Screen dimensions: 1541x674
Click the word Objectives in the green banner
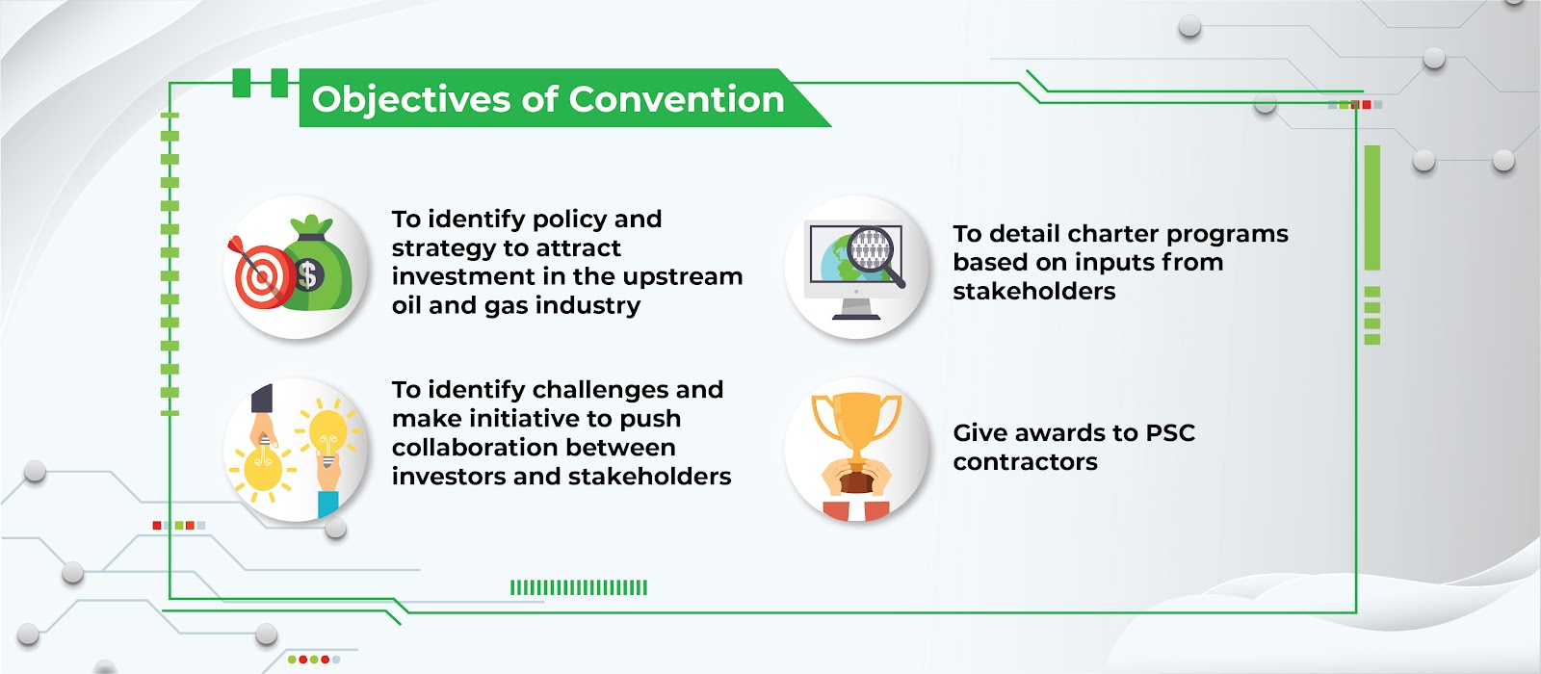click(411, 101)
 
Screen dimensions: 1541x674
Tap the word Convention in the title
click(676, 99)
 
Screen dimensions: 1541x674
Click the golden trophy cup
click(856, 432)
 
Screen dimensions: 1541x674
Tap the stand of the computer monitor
click(856, 309)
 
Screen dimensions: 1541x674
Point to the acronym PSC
click(1170, 432)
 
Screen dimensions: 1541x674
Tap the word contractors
click(1025, 462)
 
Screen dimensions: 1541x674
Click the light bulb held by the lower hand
click(328, 428)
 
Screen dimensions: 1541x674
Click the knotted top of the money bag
click(312, 226)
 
